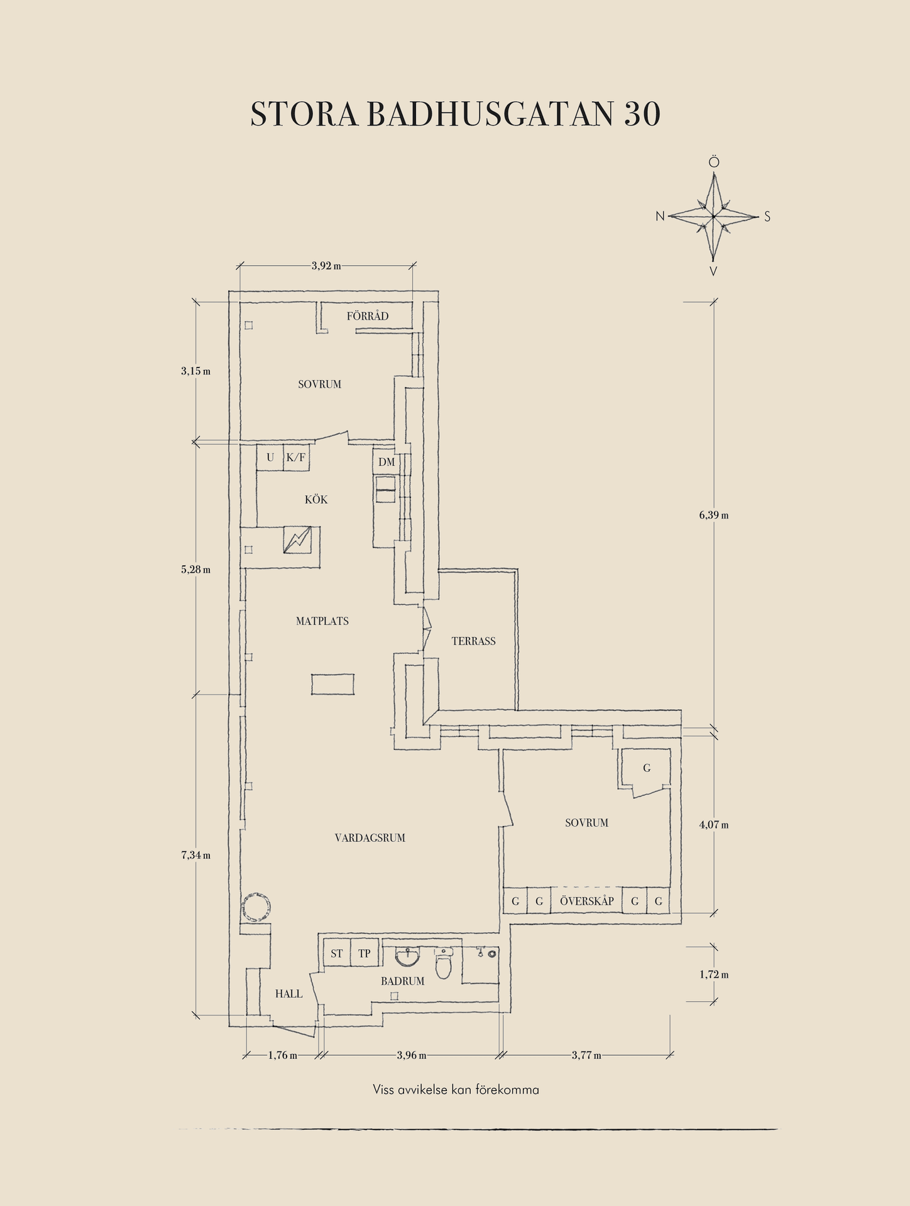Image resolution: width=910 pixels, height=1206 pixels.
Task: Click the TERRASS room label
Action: point(473,641)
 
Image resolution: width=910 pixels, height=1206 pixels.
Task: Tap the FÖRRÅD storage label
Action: point(368,316)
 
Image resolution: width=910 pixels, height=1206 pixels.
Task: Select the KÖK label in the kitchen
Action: point(316,499)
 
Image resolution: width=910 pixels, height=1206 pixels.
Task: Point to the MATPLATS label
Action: point(322,621)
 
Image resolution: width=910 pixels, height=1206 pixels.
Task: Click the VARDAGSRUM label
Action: point(370,838)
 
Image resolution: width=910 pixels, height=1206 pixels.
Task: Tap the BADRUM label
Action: point(403,981)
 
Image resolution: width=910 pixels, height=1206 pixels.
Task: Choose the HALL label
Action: point(289,994)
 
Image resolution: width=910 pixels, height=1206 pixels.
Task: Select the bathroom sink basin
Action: point(408,957)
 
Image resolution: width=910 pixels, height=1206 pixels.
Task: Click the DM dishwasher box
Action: point(386,462)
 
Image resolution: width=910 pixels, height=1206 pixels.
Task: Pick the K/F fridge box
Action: point(296,457)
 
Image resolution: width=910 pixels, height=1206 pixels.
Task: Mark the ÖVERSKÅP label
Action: point(587,901)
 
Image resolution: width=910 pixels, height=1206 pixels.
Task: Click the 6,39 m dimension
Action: point(714,516)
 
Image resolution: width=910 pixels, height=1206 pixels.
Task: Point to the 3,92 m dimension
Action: point(326,266)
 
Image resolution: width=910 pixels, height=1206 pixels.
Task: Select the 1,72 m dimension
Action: point(714,975)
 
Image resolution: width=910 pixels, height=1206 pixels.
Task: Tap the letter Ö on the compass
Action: point(714,163)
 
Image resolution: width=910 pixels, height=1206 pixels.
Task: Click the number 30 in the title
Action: point(642,114)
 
